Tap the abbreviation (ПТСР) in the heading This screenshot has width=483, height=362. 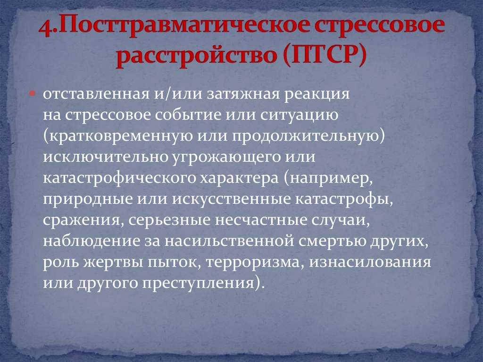pos(325,56)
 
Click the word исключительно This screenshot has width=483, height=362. pos(105,157)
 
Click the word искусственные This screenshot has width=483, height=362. pos(231,200)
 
